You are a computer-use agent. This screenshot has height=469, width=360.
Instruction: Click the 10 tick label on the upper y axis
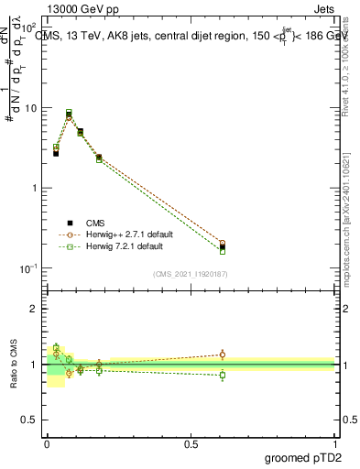tap(32, 108)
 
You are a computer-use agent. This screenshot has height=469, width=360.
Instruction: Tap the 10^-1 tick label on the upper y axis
tap(30, 268)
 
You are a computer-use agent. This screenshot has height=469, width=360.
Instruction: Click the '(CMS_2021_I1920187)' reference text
tap(191, 273)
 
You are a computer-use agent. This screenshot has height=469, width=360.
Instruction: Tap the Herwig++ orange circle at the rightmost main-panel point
tap(223, 244)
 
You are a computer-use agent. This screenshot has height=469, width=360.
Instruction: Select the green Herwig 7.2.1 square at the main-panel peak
tap(69, 113)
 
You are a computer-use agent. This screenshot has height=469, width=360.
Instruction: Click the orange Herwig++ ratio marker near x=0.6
tap(223, 354)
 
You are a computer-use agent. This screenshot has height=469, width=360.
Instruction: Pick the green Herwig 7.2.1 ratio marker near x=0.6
tap(223, 375)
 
